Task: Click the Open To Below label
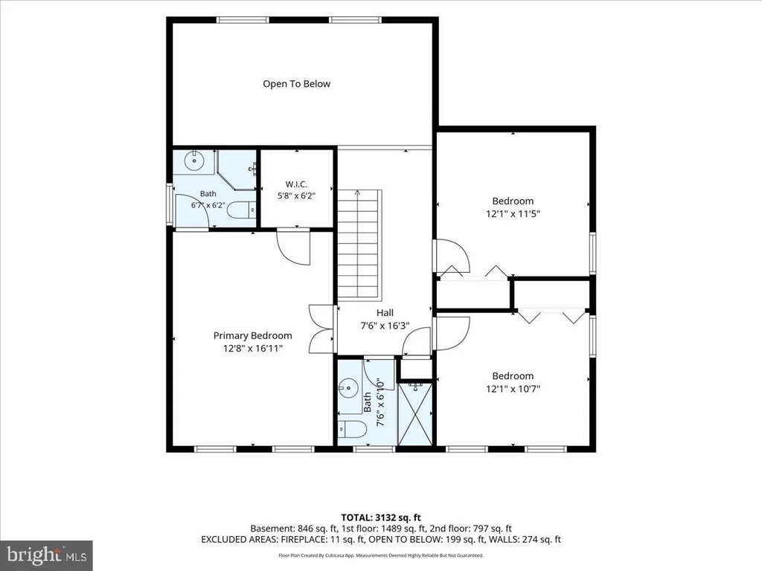tap(296, 84)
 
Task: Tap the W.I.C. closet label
tap(296, 184)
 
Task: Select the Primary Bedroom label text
tap(253, 335)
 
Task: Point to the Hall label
tap(385, 313)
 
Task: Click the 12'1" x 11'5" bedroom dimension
tap(513, 213)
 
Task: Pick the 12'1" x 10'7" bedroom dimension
tap(513, 388)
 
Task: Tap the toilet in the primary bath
tap(242, 210)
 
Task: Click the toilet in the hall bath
tap(352, 429)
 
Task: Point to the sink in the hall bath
tap(348, 387)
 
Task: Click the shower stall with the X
tap(414, 413)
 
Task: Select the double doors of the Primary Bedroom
tap(321, 329)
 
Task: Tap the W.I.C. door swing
tap(293, 247)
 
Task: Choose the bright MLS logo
tap(47, 554)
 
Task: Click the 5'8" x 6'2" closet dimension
tap(296, 196)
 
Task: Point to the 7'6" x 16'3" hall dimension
tap(385, 326)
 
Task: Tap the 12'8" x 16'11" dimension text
tap(253, 348)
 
